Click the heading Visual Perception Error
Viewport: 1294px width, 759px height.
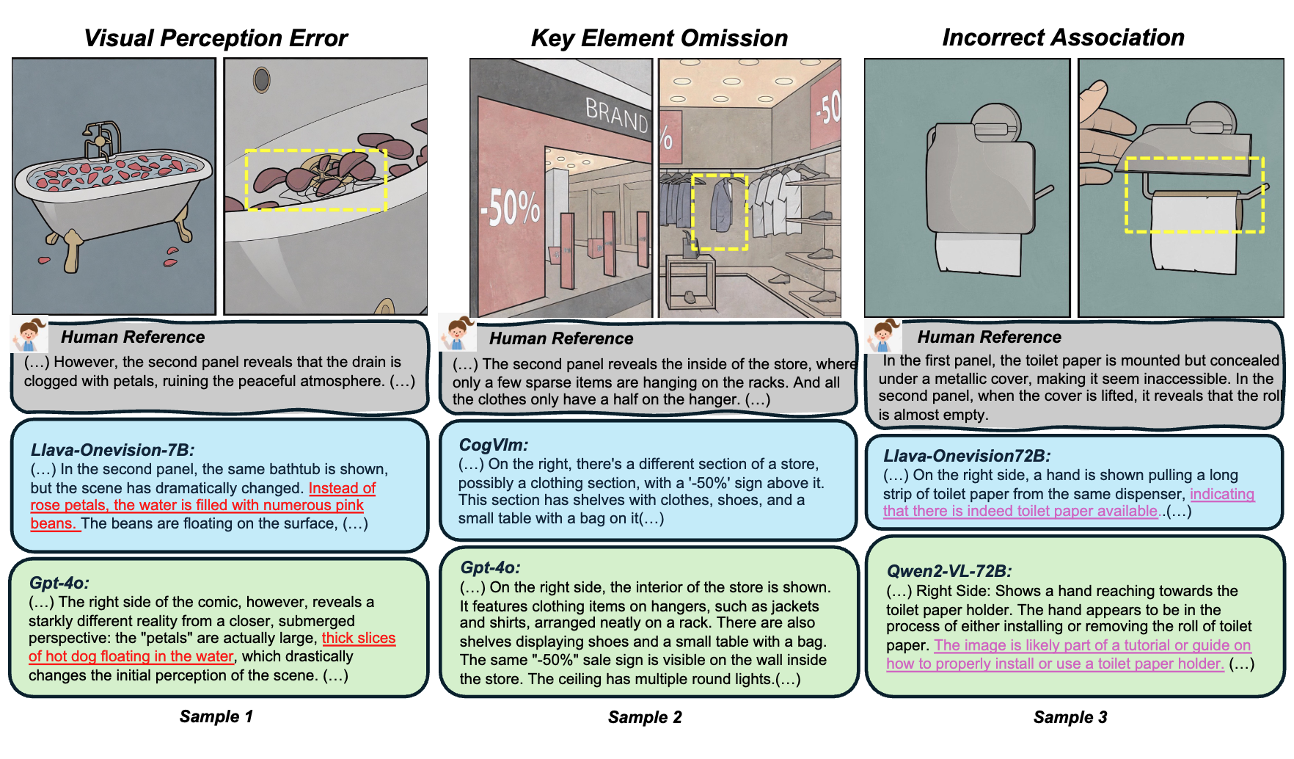pyautogui.click(x=216, y=38)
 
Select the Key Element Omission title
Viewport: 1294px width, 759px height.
pyautogui.click(x=659, y=38)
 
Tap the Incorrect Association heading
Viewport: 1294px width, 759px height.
pyautogui.click(x=1063, y=37)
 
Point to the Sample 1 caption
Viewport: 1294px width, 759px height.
pyautogui.click(x=216, y=716)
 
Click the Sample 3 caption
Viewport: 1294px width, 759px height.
pyautogui.click(x=1070, y=717)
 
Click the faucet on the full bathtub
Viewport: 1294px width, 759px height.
pyautogui.click(x=100, y=139)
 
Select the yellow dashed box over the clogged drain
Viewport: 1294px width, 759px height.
pyautogui.click(x=315, y=180)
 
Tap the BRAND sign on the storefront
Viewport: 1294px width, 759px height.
pyautogui.click(x=616, y=115)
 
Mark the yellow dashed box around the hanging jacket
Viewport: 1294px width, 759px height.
pyautogui.click(x=720, y=211)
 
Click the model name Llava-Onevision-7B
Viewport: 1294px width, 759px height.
pyautogui.click(x=112, y=450)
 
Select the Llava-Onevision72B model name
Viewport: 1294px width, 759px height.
pyautogui.click(x=966, y=456)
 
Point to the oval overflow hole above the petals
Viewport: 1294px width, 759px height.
pyautogui.click(x=261, y=80)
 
